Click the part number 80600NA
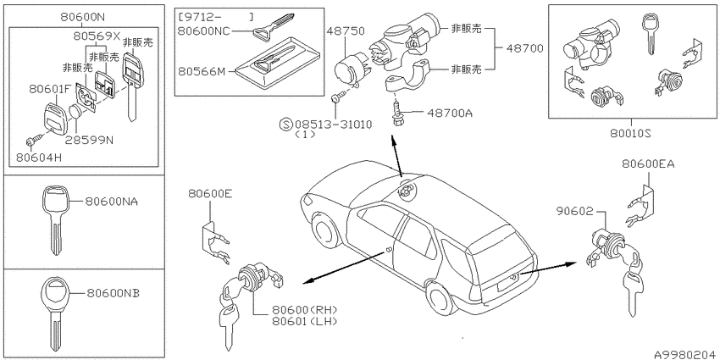[x=112, y=201]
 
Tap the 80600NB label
[x=112, y=293]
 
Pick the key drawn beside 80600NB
[x=55, y=313]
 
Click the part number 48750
[x=346, y=31]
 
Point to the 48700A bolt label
[x=450, y=113]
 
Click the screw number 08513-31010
[x=334, y=124]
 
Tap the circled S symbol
[x=285, y=124]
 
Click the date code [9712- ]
[x=216, y=18]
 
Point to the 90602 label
[x=574, y=211]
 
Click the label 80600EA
[x=648, y=163]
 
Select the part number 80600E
[x=210, y=194]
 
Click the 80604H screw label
[x=38, y=158]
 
